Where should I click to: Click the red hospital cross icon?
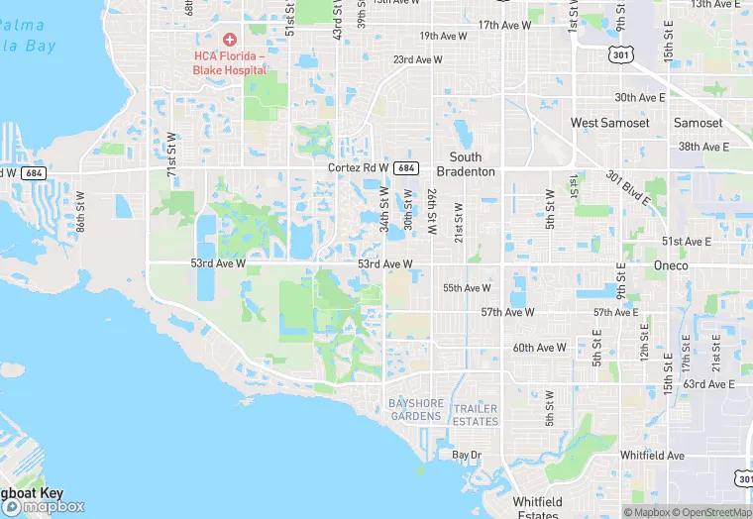(230, 40)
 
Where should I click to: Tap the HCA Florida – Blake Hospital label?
(230, 63)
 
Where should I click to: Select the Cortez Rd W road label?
(359, 168)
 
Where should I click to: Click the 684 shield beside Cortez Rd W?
(405, 168)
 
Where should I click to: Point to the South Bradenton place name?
(466, 164)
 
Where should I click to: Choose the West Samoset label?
(609, 123)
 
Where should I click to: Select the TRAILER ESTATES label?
(476, 415)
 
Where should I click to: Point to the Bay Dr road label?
(467, 455)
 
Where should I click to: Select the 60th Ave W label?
(539, 348)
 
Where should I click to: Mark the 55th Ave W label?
(467, 288)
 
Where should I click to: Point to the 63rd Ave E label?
(708, 384)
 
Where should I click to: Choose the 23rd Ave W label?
(417, 60)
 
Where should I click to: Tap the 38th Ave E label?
(702, 147)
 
